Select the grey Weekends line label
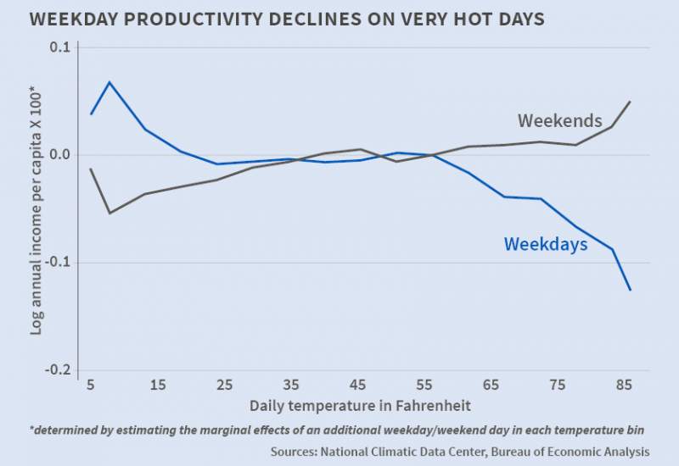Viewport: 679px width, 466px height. (x=559, y=120)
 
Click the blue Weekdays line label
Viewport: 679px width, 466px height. (x=546, y=244)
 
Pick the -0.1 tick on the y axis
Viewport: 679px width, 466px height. (x=57, y=263)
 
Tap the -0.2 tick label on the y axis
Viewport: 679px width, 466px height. (x=57, y=370)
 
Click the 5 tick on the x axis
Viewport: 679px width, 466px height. (x=90, y=386)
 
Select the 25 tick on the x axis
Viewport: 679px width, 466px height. (x=224, y=386)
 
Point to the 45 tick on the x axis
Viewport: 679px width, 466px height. (x=358, y=386)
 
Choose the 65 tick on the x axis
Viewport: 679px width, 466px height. (x=491, y=386)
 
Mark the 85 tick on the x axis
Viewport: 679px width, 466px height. (x=626, y=386)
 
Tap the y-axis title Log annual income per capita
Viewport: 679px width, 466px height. (x=36, y=210)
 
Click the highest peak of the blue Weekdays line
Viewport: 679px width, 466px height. (x=109, y=82)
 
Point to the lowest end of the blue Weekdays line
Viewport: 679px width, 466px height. (x=631, y=291)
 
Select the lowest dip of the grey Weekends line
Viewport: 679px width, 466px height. (x=109, y=213)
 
